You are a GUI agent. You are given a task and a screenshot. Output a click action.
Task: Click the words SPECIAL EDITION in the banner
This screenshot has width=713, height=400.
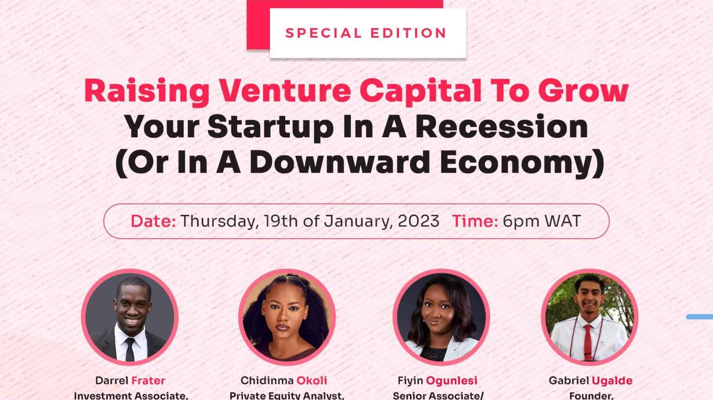coord(366,33)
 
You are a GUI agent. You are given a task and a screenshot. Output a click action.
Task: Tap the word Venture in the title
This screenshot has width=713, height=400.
coord(285,91)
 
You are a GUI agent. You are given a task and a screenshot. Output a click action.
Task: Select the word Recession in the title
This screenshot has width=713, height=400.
coord(501,127)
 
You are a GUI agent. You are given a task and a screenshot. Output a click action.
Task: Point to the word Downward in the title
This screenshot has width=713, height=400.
coord(340,163)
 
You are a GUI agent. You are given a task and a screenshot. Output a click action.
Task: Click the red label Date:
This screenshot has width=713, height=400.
coord(153,221)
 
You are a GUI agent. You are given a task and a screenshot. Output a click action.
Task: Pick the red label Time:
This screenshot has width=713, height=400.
coord(475,221)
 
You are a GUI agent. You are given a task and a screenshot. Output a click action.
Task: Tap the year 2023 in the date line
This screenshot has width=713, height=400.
coord(419,221)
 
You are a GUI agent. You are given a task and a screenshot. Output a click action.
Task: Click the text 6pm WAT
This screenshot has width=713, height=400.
coord(542,221)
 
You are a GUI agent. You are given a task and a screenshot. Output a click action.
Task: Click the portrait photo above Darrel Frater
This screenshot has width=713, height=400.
coord(130,317)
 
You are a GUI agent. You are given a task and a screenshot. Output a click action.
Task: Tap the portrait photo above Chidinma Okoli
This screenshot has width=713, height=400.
coord(287,317)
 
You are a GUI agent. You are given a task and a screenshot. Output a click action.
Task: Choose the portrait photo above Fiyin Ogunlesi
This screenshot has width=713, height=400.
coord(441,317)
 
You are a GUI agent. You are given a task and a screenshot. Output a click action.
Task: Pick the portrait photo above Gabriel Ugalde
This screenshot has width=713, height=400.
coord(590,317)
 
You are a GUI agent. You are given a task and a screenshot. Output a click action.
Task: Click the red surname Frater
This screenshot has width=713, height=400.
coord(148,380)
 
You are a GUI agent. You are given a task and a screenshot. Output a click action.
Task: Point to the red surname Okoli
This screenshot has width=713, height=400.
coord(312,380)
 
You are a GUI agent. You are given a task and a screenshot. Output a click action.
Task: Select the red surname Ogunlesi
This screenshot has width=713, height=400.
coord(452,381)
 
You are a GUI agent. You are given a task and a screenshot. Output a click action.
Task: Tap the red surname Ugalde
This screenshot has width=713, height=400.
coord(612,381)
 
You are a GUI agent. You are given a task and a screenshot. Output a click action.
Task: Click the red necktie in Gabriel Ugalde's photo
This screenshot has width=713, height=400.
coord(588,342)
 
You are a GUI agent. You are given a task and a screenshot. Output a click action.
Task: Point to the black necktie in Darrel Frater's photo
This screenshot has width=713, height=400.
coord(130,349)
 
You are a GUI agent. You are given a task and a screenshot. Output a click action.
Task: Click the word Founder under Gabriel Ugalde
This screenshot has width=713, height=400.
coord(591,396)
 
